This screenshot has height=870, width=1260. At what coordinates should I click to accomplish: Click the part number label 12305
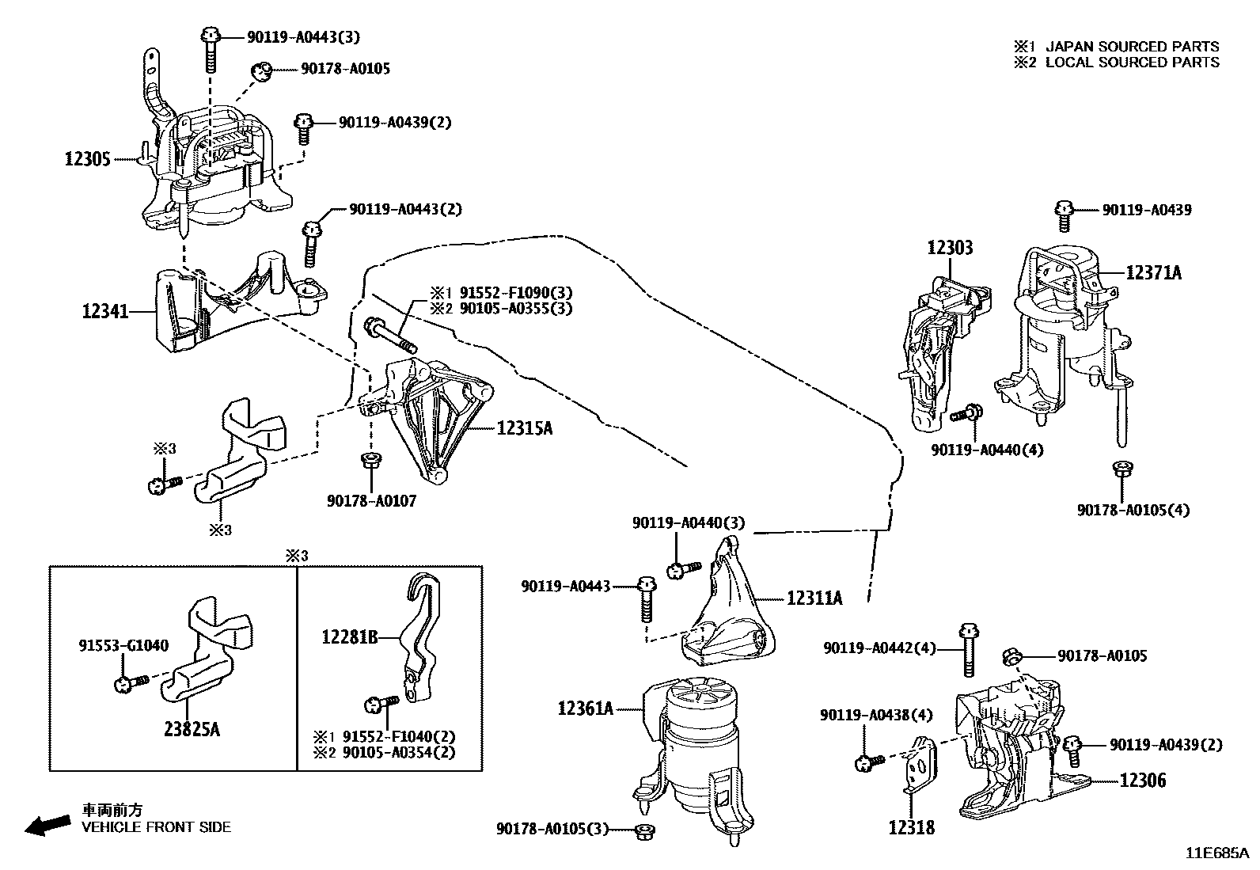click(x=87, y=159)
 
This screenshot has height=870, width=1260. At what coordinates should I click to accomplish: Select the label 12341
click(x=104, y=311)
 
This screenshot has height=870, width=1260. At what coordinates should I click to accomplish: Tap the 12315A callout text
click(x=525, y=428)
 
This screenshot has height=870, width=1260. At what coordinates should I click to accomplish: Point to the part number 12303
click(x=950, y=248)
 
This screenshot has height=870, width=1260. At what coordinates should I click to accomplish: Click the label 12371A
click(x=1153, y=272)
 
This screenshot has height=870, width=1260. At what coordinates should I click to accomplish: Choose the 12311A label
click(x=814, y=598)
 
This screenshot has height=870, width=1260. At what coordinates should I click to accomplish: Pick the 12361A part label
click(x=585, y=708)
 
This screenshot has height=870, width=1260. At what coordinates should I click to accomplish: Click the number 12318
click(x=911, y=828)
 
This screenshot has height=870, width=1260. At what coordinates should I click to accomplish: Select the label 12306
click(x=1142, y=781)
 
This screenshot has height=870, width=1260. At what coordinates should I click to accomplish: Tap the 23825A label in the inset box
click(x=192, y=728)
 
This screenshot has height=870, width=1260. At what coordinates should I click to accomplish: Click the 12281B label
click(x=350, y=636)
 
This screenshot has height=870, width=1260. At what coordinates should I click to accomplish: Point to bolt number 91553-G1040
click(x=123, y=645)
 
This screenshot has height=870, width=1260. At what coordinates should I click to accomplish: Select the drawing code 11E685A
click(x=1216, y=853)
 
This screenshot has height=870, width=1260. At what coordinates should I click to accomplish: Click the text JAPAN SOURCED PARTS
click(x=1132, y=47)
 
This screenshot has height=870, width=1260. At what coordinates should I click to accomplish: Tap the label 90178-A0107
click(x=371, y=501)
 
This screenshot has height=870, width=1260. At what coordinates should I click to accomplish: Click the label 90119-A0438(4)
click(x=876, y=715)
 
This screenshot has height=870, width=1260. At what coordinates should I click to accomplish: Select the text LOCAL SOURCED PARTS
click(x=1132, y=63)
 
